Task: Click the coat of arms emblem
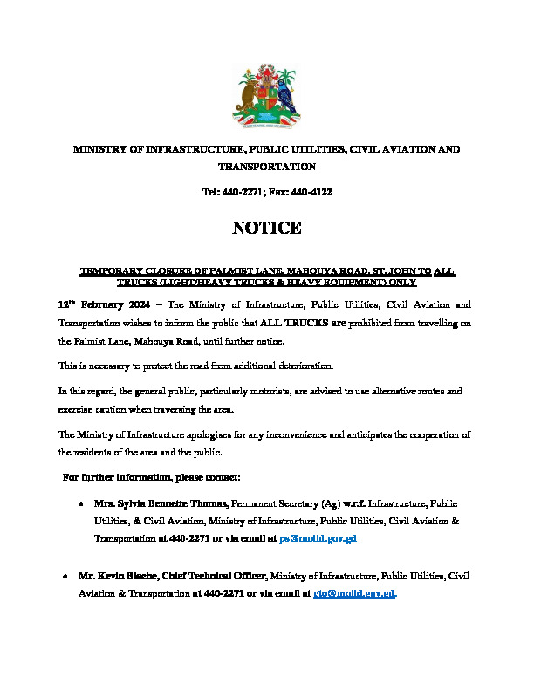click(x=266, y=96)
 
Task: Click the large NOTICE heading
click(x=266, y=229)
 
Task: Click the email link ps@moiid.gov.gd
click(x=318, y=539)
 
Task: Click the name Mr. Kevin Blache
click(x=119, y=577)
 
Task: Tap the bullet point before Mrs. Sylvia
click(x=80, y=505)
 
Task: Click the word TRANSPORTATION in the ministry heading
click(x=266, y=166)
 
